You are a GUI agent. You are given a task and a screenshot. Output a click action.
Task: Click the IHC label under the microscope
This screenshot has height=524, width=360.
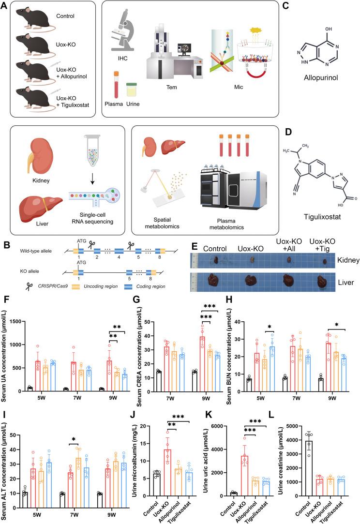[x=121, y=59]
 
